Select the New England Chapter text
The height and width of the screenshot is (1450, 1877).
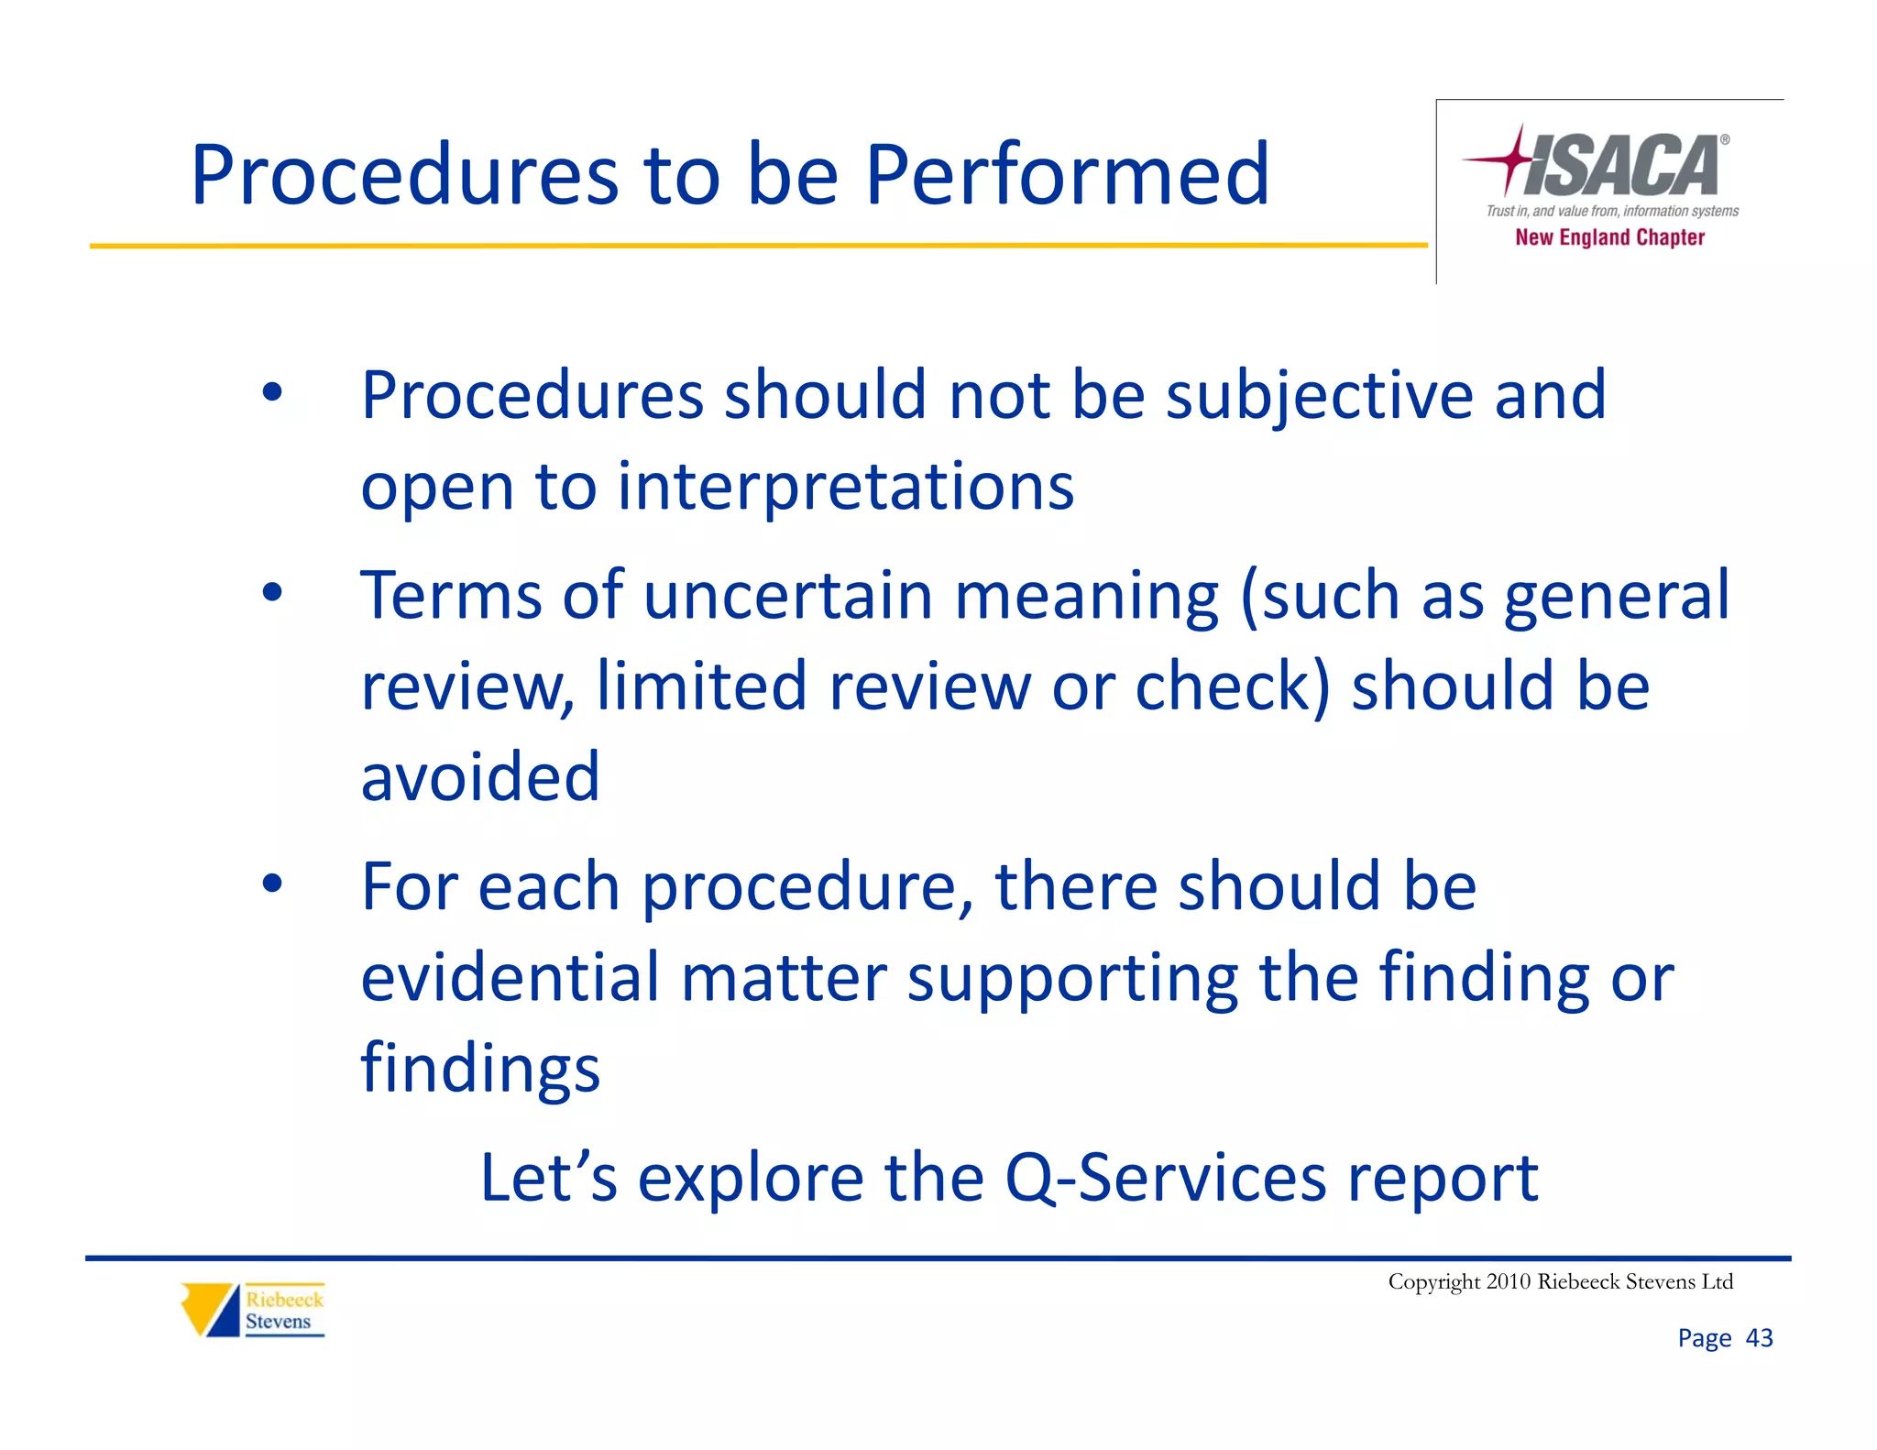1609,237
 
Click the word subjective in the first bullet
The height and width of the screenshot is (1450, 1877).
1320,396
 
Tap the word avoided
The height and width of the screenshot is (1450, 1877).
480,776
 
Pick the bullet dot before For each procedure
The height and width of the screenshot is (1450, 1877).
272,884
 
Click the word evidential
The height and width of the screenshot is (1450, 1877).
510,977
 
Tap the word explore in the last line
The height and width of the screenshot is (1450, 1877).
750,1178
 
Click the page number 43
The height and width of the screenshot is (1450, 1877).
1759,1338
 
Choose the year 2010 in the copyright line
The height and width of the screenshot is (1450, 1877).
1508,1281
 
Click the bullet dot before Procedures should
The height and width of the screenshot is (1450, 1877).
272,392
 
